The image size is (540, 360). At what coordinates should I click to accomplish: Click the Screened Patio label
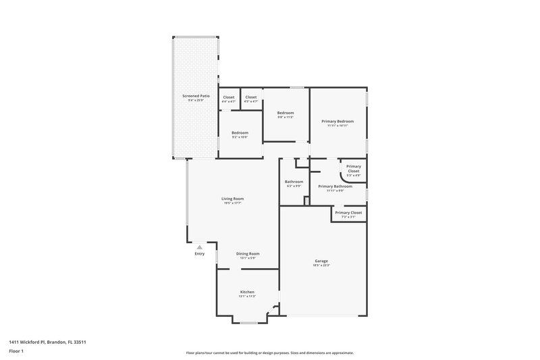click(x=196, y=97)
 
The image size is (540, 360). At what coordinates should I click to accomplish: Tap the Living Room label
click(x=232, y=199)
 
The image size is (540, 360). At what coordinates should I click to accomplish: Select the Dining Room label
click(x=248, y=253)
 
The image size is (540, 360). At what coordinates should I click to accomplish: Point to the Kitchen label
click(x=247, y=292)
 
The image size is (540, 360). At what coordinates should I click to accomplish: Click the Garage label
click(x=321, y=261)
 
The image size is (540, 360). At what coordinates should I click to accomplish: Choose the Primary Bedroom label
click(x=337, y=121)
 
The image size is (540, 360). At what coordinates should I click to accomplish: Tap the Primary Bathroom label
click(x=335, y=186)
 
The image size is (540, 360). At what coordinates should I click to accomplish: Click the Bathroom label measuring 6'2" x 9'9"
click(x=294, y=181)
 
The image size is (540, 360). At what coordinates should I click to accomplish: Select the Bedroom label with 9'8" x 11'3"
click(x=286, y=113)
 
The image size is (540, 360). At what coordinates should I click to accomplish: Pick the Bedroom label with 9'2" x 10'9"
click(x=240, y=132)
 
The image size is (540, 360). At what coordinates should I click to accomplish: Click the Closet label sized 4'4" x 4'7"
click(x=229, y=97)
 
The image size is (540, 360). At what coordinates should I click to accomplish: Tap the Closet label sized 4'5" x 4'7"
click(x=251, y=97)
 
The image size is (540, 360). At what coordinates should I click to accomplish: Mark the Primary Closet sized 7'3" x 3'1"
click(x=348, y=213)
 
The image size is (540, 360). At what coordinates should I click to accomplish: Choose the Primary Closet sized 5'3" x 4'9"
click(x=354, y=167)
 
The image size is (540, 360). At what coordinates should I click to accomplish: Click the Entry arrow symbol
click(x=199, y=248)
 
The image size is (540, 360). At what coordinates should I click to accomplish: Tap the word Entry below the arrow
click(x=199, y=254)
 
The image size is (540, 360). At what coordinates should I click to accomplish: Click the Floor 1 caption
click(x=17, y=351)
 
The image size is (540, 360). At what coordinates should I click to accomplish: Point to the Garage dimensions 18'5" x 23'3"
click(x=321, y=265)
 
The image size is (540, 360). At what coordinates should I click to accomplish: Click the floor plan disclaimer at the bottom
click(x=270, y=353)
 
